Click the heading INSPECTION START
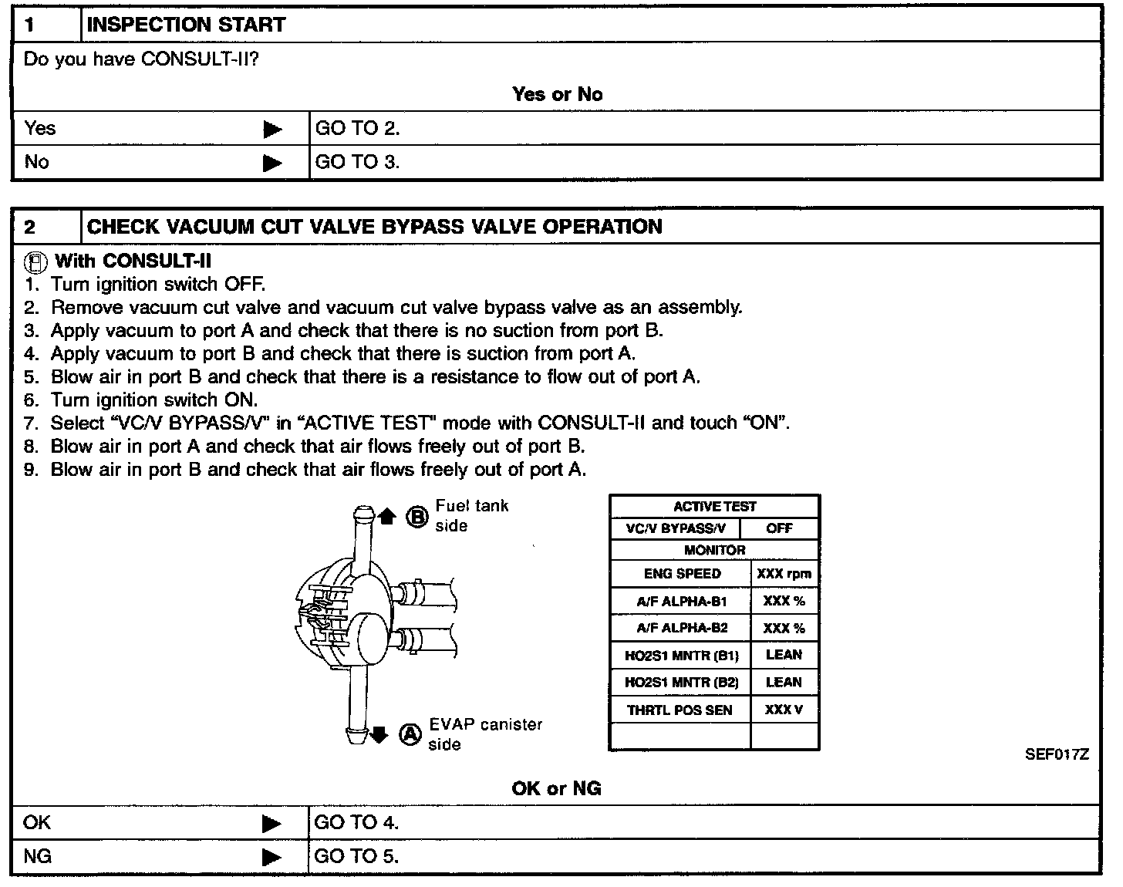point(186,25)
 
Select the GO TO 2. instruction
point(358,128)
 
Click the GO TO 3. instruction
point(358,162)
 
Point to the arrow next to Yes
point(272,129)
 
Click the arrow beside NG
point(272,857)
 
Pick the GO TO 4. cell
point(356,823)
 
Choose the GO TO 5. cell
point(356,856)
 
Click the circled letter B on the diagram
point(416,517)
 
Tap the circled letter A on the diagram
point(410,734)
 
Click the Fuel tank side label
point(471,515)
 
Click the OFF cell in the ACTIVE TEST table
point(779,528)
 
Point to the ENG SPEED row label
point(682,574)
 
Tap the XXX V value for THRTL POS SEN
point(784,710)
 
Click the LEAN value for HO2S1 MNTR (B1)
point(784,655)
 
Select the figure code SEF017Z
point(1057,755)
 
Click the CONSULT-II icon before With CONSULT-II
point(35,262)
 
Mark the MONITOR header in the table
point(714,550)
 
